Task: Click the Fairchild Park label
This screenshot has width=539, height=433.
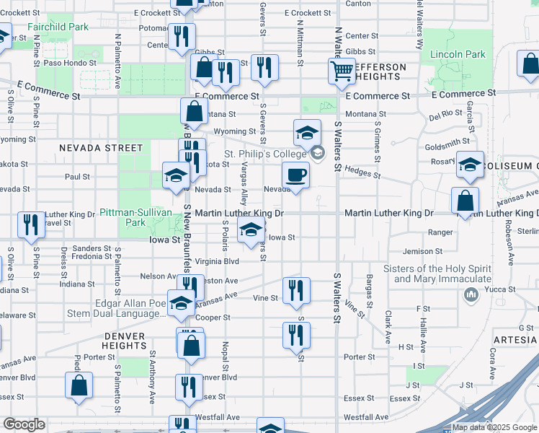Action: pyautogui.click(x=58, y=27)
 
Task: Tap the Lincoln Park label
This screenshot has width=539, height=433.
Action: pyautogui.click(x=458, y=54)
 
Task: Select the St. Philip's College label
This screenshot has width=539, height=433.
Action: pyautogui.click(x=265, y=154)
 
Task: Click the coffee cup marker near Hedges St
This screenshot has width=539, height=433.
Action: pyautogui.click(x=295, y=175)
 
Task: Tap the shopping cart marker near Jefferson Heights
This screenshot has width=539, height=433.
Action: pyautogui.click(x=341, y=71)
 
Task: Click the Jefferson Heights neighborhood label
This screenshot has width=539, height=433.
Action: pyautogui.click(x=375, y=71)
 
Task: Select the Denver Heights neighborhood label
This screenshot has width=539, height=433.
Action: pyautogui.click(x=125, y=341)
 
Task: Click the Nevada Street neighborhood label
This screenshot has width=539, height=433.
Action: pyautogui.click(x=101, y=147)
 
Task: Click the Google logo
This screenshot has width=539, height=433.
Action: pyautogui.click(x=24, y=424)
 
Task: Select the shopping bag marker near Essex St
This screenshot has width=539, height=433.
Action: pyautogui.click(x=79, y=385)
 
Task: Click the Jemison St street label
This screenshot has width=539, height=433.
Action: pyautogui.click(x=422, y=251)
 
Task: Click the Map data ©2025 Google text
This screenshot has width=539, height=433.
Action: pyautogui.click(x=494, y=427)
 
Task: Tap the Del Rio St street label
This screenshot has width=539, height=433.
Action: pyautogui.click(x=445, y=115)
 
